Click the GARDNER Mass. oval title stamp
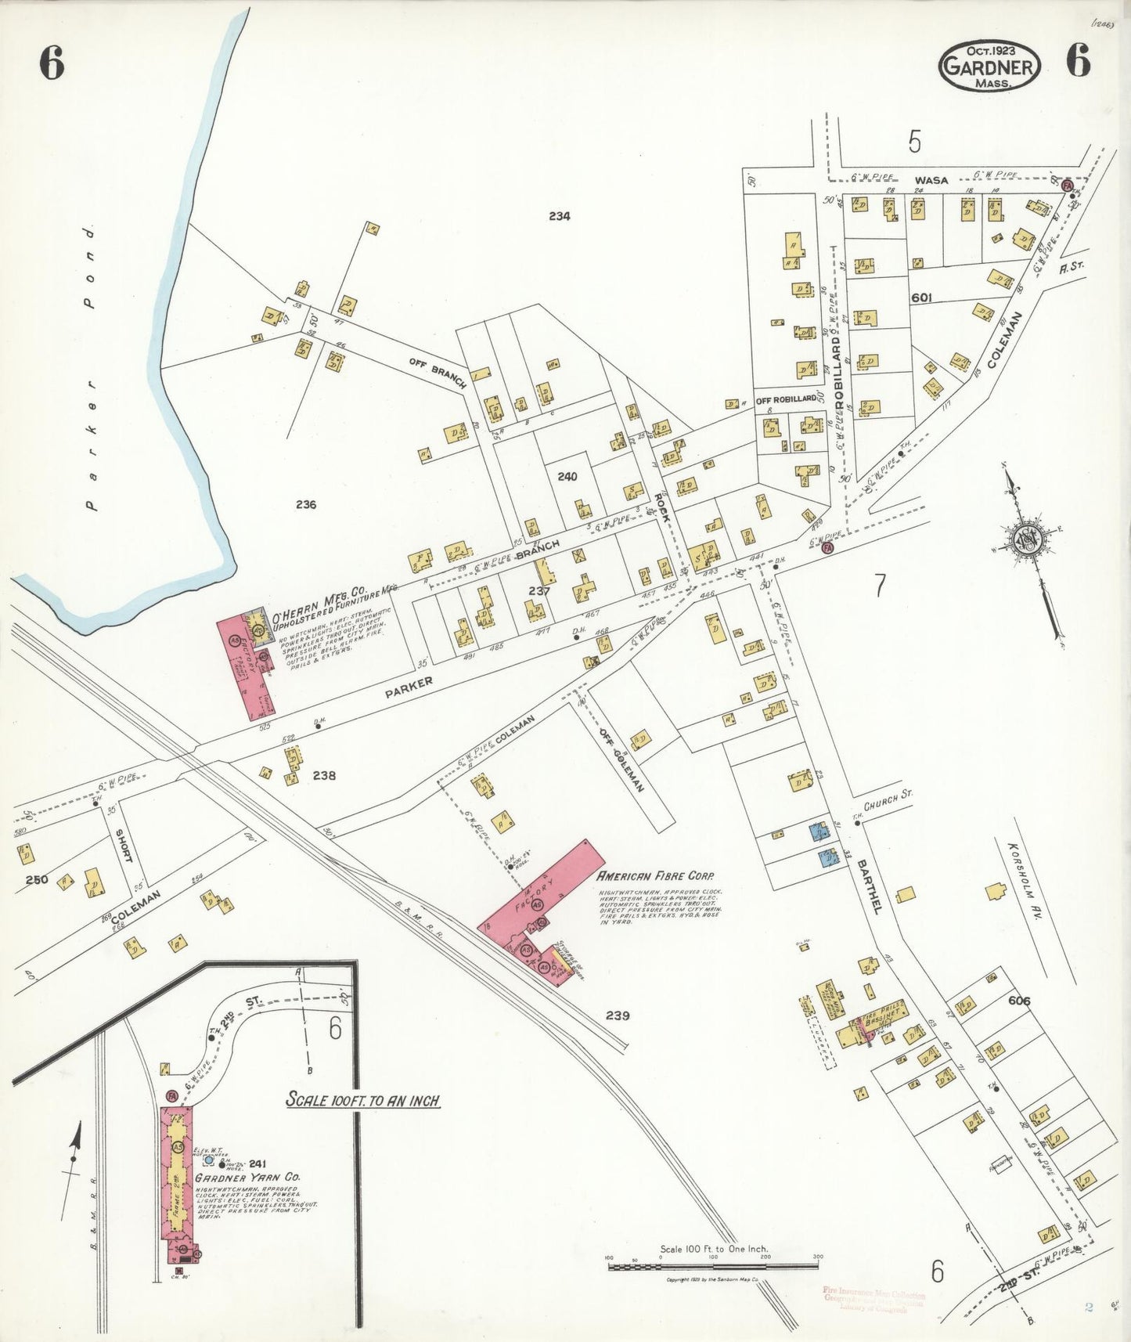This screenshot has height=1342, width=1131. click(989, 66)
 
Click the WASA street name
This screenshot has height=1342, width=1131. click(931, 181)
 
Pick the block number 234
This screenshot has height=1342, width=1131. click(559, 216)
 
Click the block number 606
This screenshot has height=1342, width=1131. click(1019, 1001)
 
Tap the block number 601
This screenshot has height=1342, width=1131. click(922, 298)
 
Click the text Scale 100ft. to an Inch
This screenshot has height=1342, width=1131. click(362, 1101)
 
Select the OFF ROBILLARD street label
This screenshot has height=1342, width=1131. click(786, 399)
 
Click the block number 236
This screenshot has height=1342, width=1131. click(306, 504)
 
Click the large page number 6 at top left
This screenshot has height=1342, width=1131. click(52, 63)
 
